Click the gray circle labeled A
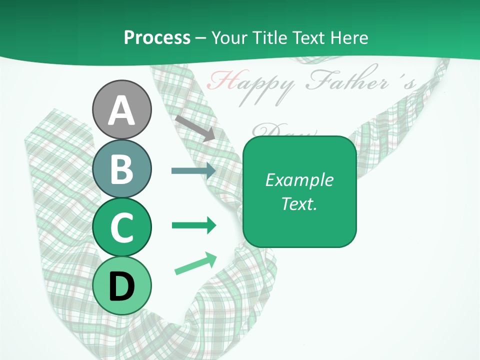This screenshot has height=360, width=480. click(x=121, y=109)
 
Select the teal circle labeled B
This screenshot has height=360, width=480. click(x=121, y=168)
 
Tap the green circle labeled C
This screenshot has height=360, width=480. click(x=121, y=227)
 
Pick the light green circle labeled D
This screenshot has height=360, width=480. click(x=121, y=286)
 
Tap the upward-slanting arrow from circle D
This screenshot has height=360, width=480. click(x=195, y=263)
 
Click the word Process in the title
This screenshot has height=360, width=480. click(x=157, y=37)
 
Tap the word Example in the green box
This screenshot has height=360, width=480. click(x=299, y=180)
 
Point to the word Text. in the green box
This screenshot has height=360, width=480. click(x=299, y=203)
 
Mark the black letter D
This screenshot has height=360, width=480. click(x=121, y=286)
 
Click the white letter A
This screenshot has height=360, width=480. click(x=121, y=110)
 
